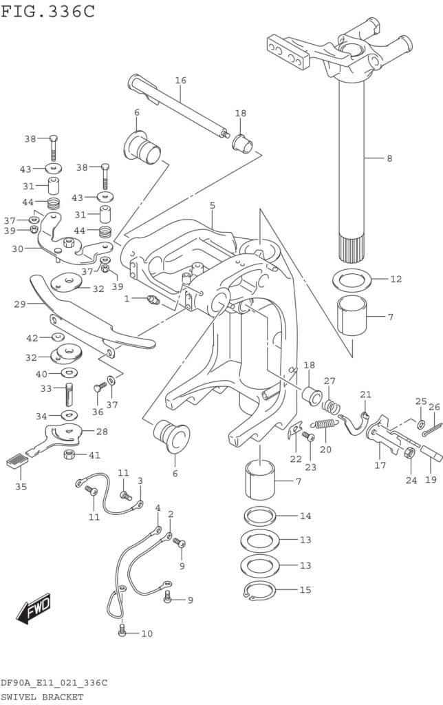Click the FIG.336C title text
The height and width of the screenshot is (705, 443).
point(47,12)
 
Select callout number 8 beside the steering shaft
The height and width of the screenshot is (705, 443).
point(389,158)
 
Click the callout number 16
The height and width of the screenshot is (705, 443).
point(180,81)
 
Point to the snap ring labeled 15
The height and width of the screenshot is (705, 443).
point(259,590)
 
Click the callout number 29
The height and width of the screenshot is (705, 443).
point(19,304)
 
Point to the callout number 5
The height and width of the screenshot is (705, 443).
point(213,205)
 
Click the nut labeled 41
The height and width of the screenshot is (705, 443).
point(69,454)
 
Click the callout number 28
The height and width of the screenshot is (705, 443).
point(102,431)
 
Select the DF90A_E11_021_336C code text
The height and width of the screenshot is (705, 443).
point(54,683)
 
